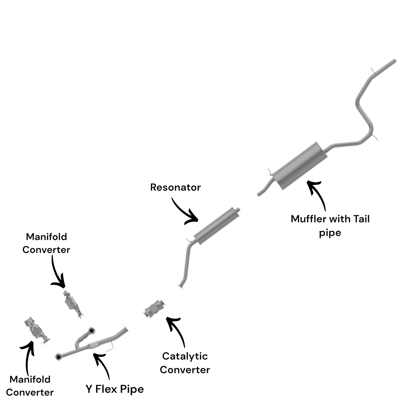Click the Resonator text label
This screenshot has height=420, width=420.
coord(175,187)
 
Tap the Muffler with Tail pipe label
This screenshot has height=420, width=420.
coord(330,226)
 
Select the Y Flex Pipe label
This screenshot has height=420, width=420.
coord(115,389)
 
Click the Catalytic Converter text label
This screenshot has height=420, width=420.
coord(185,363)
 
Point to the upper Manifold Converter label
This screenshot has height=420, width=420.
coord(47,243)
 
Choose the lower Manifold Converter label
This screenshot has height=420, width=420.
coord(30,386)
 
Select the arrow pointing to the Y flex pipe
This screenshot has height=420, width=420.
coord(102,364)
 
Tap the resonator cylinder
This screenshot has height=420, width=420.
coord(217,226)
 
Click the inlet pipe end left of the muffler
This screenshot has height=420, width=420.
coord(260,194)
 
